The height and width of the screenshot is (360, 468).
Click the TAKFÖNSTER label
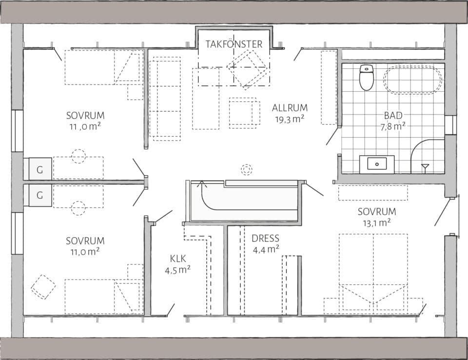234,44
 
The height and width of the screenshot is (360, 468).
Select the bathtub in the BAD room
412,80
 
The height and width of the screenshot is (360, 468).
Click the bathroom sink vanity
377,164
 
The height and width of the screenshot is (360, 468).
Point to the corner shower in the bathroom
427,156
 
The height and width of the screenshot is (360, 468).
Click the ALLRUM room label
290,108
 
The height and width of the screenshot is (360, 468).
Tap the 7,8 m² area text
393,126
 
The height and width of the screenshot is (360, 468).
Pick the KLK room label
177,259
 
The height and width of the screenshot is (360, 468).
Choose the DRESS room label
266,239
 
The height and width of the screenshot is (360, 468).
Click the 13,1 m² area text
376,222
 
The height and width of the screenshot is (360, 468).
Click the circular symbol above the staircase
247,170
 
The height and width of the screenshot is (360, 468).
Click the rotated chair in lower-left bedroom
43,287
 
